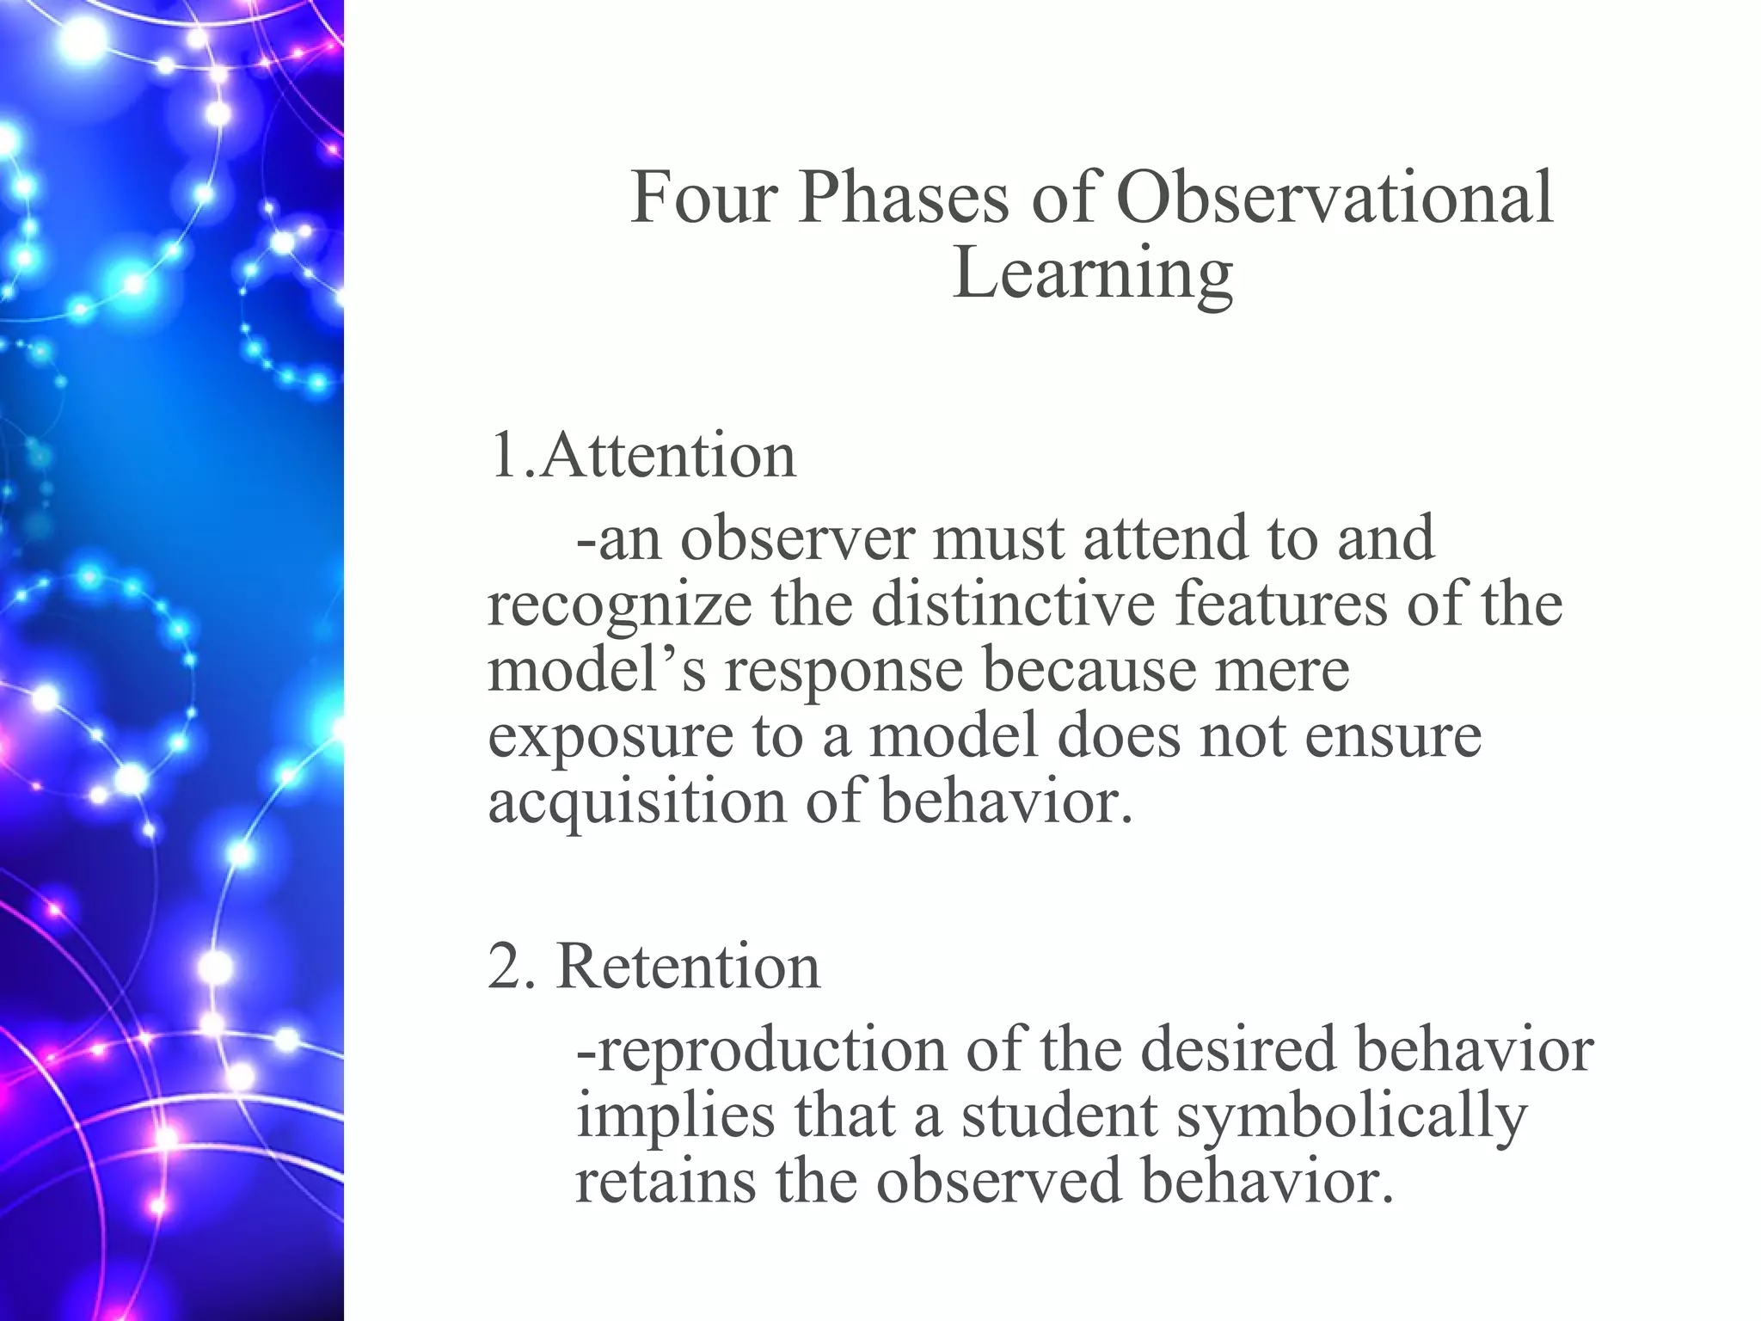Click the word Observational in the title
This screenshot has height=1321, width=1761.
point(1335,199)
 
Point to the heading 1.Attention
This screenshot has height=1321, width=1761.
point(642,455)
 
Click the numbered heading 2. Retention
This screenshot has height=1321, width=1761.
point(653,966)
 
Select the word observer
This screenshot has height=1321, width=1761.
point(796,538)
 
